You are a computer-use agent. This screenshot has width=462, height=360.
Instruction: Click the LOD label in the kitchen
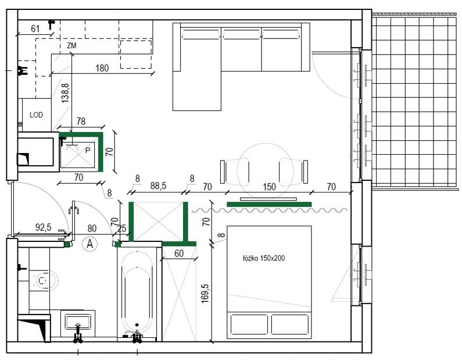click(37, 115)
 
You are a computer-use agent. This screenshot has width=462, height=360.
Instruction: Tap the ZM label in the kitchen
click(71, 45)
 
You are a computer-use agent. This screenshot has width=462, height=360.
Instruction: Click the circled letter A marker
click(90, 244)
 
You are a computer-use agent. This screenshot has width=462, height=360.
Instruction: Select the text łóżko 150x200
click(264, 258)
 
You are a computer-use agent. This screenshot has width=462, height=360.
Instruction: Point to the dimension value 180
click(102, 68)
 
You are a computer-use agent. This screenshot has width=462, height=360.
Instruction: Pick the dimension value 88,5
click(159, 186)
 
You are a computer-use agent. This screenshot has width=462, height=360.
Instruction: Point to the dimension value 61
click(35, 28)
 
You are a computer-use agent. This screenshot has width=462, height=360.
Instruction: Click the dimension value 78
click(81, 121)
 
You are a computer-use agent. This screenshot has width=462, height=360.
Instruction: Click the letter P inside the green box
click(88, 149)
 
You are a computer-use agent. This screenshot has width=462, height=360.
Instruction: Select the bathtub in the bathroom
click(137, 294)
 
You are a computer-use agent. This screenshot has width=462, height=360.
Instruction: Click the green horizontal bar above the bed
click(269, 204)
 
